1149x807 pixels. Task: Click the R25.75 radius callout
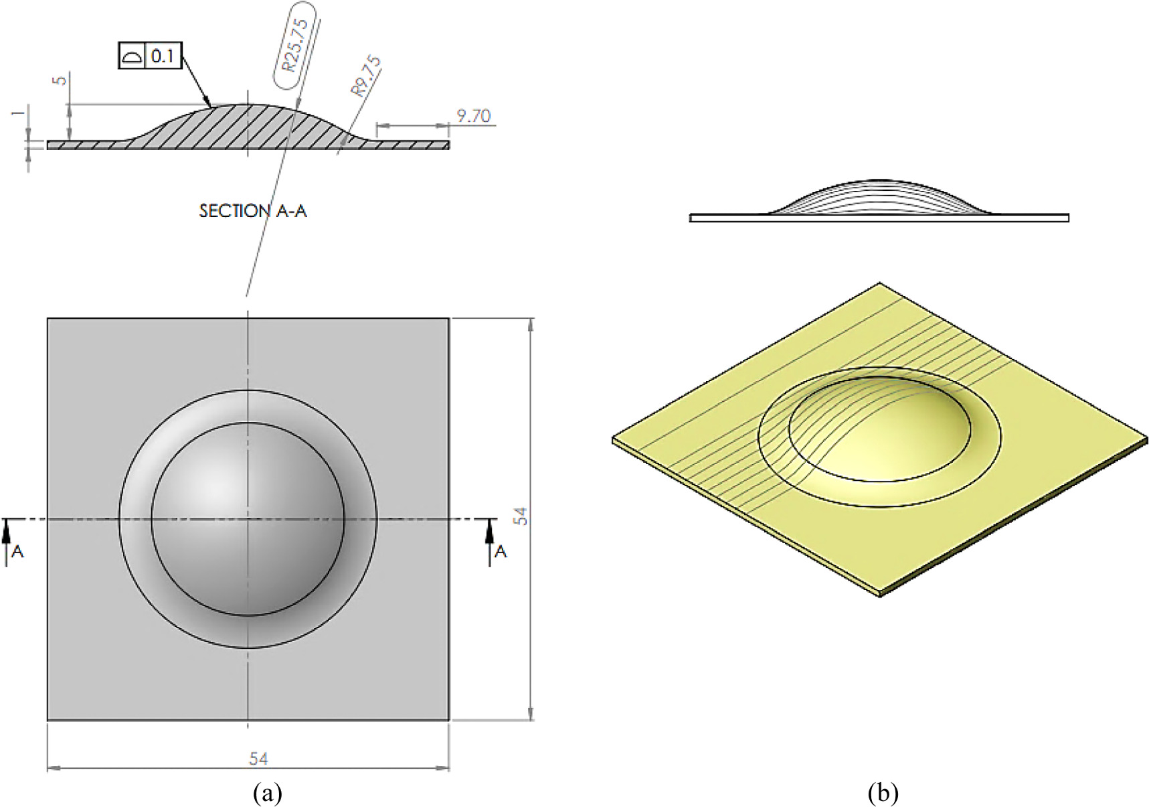294,45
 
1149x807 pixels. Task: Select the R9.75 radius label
366,76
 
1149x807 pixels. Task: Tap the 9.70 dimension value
473,116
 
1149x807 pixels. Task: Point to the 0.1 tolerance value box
163,56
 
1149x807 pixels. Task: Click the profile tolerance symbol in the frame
132,56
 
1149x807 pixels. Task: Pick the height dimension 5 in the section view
60,80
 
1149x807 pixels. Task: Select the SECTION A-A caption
253,211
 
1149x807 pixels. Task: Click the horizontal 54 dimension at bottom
258,759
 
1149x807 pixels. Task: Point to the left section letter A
18,551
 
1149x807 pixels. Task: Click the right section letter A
501,551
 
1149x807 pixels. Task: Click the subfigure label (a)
267,794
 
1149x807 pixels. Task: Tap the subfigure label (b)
883,794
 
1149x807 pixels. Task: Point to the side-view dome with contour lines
879,198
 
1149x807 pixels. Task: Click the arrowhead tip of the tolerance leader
210,106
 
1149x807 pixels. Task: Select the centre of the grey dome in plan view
248,519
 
